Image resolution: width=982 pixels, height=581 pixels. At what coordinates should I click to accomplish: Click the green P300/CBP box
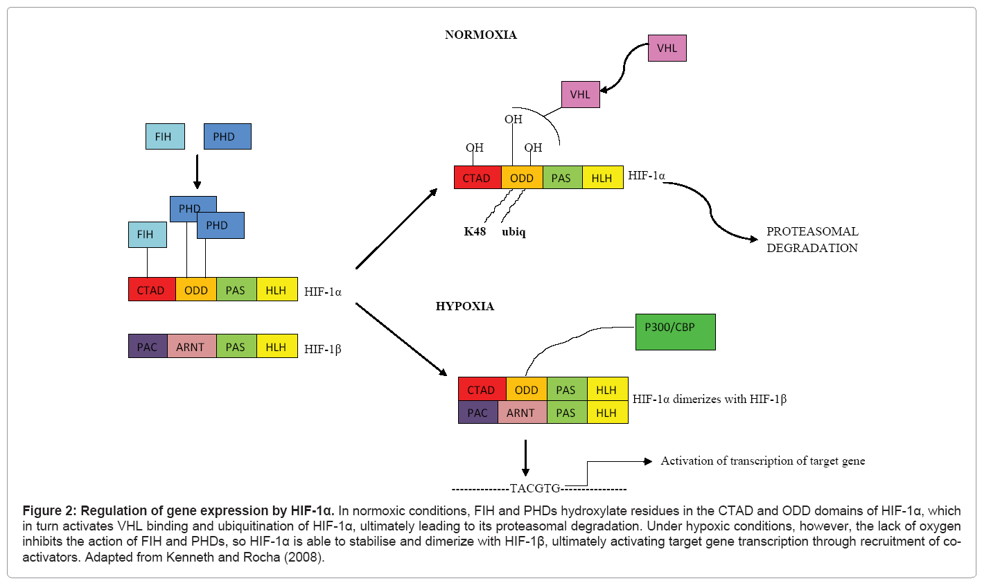click(675, 332)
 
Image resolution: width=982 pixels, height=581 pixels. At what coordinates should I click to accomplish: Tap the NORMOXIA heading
click(481, 35)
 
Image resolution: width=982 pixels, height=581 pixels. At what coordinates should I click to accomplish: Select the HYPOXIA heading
click(465, 306)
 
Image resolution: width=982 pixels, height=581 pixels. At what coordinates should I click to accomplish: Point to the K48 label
click(475, 232)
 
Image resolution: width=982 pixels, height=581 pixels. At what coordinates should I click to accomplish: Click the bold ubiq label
click(514, 232)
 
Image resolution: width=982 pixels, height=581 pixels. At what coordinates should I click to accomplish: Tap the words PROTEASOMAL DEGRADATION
click(812, 240)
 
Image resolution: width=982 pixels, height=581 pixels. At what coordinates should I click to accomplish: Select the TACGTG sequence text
click(535, 488)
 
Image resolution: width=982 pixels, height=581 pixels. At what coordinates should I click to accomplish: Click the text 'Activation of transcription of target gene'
click(762, 461)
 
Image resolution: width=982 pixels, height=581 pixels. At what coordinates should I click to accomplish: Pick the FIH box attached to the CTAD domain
click(147, 235)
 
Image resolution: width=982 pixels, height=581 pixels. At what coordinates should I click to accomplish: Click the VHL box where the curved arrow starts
click(667, 48)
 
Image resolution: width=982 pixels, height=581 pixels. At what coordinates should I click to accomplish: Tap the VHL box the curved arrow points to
click(580, 94)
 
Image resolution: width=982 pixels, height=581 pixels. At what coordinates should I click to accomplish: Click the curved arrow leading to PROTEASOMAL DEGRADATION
click(714, 211)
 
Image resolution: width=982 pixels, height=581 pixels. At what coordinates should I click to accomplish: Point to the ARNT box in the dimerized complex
click(522, 413)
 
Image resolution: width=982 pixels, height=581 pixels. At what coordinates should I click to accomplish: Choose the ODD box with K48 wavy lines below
click(522, 178)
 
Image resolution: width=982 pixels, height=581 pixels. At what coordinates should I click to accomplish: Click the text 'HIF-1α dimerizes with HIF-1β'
click(710, 400)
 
